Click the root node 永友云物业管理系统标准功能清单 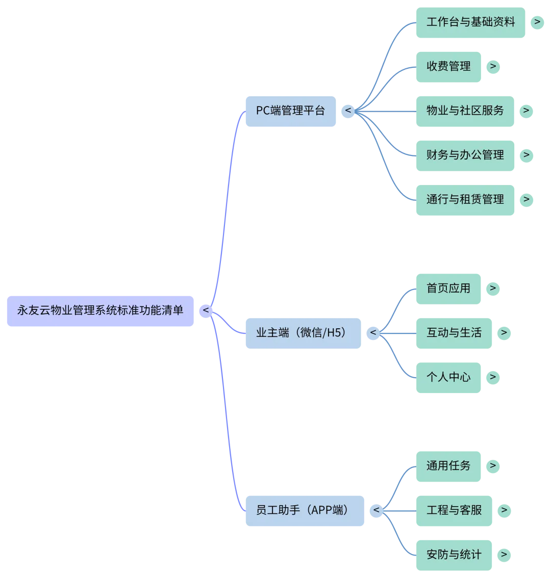100,310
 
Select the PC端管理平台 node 291,111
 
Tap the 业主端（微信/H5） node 304,333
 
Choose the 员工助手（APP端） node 305,510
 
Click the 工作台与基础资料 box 470,22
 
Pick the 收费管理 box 448,66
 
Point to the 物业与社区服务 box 465,111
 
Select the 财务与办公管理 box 465,155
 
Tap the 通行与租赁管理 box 465,199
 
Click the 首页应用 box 448,288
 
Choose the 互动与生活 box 454,333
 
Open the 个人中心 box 448,378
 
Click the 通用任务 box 448,466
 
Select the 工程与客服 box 454,510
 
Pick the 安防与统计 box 454,555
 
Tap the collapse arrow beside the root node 206,310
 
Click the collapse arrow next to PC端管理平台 348,111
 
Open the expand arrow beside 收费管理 493,66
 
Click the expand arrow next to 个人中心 493,378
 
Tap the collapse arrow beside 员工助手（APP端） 376,510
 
